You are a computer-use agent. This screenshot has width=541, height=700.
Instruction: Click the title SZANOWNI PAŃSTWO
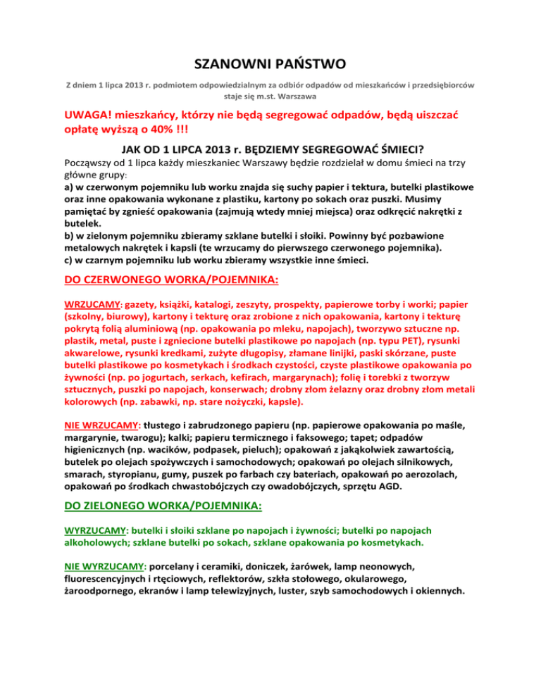[270, 65]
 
